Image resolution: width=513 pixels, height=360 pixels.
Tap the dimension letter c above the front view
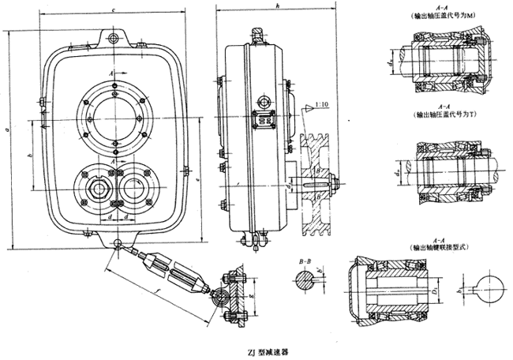pyautogui.click(x=116, y=10)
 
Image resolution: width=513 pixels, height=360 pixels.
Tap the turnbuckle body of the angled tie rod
pyautogui.click(x=176, y=271)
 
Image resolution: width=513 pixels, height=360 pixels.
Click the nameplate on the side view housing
pyautogui.click(x=264, y=119)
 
